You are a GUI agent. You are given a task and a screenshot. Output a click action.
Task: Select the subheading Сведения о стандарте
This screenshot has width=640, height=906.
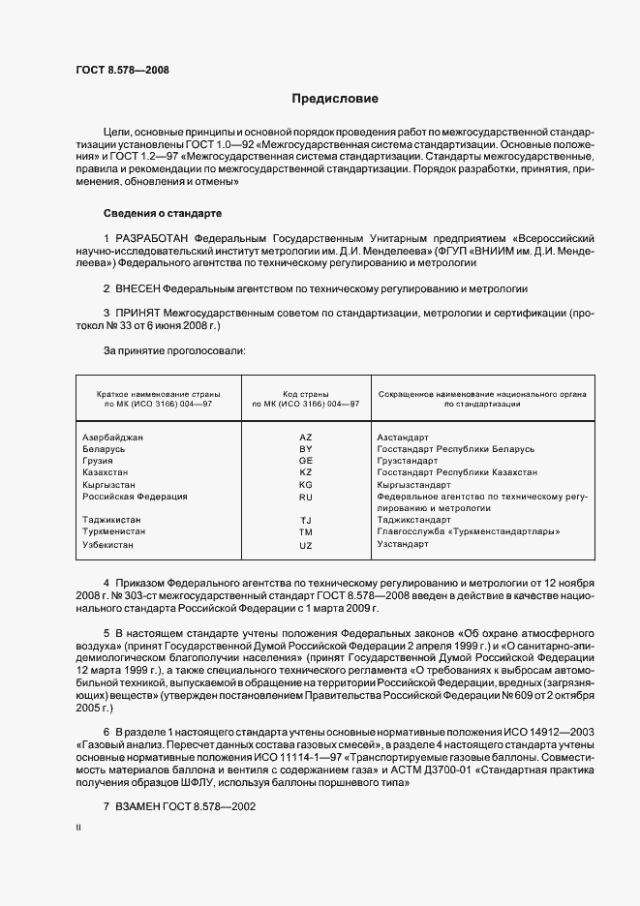[x=163, y=212]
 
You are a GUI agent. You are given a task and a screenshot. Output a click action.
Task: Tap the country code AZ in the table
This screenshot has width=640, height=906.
[x=306, y=438]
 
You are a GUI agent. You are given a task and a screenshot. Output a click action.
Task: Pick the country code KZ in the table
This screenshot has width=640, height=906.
[x=306, y=472]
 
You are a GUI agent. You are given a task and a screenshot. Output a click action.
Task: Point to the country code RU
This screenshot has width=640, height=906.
[x=306, y=497]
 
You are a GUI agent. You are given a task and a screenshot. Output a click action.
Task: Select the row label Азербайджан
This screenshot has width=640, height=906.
[x=114, y=438]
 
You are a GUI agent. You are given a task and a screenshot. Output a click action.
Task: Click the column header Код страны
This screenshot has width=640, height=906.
[x=306, y=393]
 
